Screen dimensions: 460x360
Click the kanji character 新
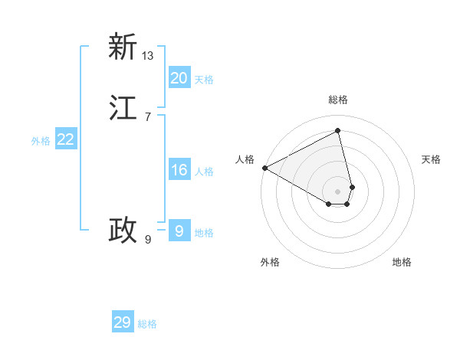coord(123,47)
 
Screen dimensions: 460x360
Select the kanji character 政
coord(123,230)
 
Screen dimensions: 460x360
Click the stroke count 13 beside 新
coord(148,55)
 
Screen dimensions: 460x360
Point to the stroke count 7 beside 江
coord(147,116)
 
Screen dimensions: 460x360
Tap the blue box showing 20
coord(179,77)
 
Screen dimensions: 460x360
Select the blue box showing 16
coord(179,170)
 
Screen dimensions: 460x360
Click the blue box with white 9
coord(179,231)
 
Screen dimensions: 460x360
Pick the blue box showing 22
coord(66,139)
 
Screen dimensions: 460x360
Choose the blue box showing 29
coord(123,322)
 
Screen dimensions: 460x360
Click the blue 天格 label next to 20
coord(204,80)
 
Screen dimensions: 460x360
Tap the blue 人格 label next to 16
coord(204,172)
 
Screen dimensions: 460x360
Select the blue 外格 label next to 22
coord(41,141)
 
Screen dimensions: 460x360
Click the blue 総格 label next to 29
coord(147,325)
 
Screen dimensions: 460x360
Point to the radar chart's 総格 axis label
coord(338,100)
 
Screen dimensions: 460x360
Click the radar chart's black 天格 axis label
coord(432,159)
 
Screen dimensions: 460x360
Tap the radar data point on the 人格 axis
coord(264,168)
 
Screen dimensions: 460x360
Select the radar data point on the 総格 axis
coord(338,131)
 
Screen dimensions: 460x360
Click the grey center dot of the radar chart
coord(338,191)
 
